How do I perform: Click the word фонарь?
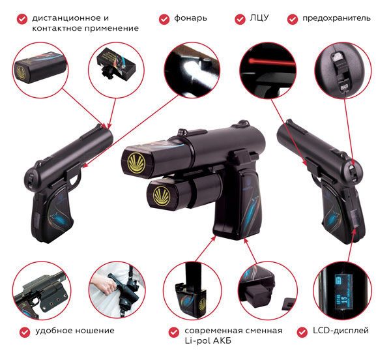click(x=190, y=18)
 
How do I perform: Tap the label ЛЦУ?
click(x=259, y=18)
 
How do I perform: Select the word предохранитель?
click(x=336, y=18)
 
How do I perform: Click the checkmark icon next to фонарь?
click(x=164, y=19)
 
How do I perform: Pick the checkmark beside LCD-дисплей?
click(x=302, y=332)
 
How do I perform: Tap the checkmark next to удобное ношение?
click(x=25, y=332)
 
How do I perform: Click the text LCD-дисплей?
click(x=341, y=331)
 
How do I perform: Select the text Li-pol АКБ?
click(x=208, y=340)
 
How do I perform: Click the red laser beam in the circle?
click(x=271, y=61)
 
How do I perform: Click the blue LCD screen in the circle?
click(x=343, y=292)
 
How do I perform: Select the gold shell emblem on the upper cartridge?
click(x=136, y=162)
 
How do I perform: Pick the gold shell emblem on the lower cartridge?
click(x=161, y=196)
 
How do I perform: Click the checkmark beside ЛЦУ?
click(x=240, y=19)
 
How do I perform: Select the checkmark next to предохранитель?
click(x=292, y=19)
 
